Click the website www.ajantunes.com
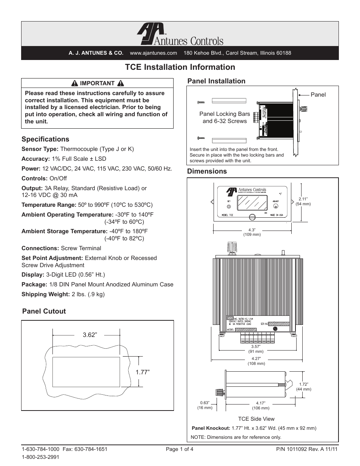(153, 53)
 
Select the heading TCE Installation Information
(180, 67)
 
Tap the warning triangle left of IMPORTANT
(75, 83)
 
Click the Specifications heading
(45, 139)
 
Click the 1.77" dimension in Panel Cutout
(143, 372)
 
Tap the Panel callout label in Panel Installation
(318, 95)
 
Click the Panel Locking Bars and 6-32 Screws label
(225, 117)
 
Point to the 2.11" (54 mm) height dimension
(303, 201)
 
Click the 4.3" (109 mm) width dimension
(252, 232)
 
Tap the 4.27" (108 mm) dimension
(256, 361)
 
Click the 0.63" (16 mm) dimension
(205, 405)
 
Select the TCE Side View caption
(256, 419)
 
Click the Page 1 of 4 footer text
(180, 449)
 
